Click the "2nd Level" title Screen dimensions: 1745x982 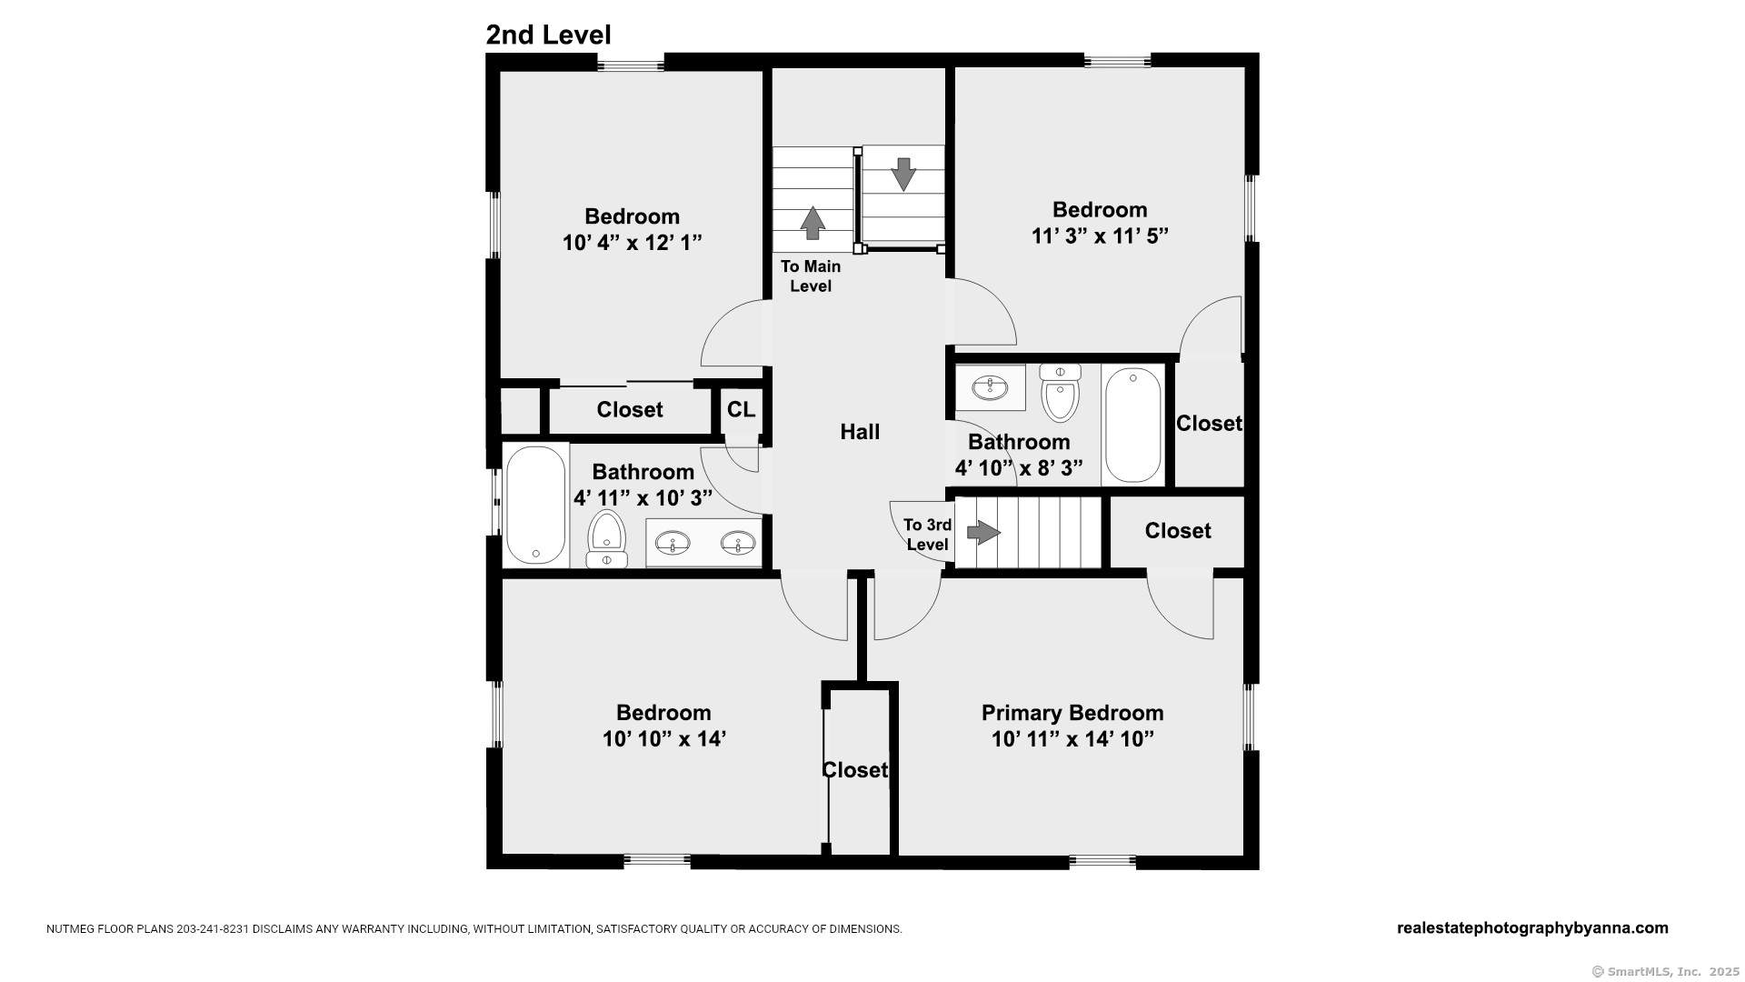(548, 35)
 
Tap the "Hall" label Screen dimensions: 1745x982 (860, 432)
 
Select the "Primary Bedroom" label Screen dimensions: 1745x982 (1072, 713)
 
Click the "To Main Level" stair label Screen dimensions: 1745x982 (811, 276)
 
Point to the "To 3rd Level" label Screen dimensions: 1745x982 (927, 535)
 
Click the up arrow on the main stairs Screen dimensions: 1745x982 (812, 223)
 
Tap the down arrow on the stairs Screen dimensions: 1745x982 (903, 174)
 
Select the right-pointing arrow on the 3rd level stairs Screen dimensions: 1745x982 (983, 532)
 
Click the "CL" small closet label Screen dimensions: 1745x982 (741, 409)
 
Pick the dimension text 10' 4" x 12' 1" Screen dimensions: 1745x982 (633, 243)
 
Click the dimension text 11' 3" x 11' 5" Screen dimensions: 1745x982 (1100, 235)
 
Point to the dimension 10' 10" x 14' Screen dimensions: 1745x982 (663, 738)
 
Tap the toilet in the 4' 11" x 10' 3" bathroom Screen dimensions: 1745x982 (606, 539)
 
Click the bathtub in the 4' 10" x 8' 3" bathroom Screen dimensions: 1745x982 (1133, 425)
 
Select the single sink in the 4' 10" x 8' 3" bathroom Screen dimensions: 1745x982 (990, 388)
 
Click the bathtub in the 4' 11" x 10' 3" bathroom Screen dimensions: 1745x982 (535, 505)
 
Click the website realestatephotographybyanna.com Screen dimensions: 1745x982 (1532, 928)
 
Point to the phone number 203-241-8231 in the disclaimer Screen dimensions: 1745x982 (213, 929)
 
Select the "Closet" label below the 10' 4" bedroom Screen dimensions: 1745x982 (630, 410)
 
